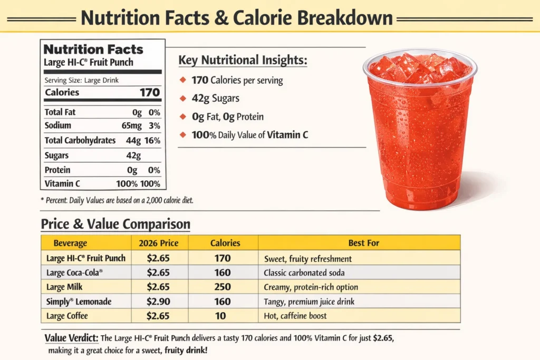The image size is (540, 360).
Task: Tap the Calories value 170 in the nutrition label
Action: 149,92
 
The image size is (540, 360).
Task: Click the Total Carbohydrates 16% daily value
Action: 153,141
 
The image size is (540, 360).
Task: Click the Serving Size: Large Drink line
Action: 82,80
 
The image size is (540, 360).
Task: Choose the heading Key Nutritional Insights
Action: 243,60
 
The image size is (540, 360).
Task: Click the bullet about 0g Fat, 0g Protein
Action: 228,116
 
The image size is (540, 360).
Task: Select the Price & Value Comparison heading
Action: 115,224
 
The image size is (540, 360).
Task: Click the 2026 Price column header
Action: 158,243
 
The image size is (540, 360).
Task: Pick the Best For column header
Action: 363,243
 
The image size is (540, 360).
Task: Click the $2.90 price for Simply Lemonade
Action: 158,301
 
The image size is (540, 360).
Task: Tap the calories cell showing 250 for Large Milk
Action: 223,287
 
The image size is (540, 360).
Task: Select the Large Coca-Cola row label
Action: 74,273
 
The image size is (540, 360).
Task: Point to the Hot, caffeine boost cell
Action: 295,316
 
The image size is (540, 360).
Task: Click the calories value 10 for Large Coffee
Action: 220,316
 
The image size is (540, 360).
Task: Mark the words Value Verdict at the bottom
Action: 71,338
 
